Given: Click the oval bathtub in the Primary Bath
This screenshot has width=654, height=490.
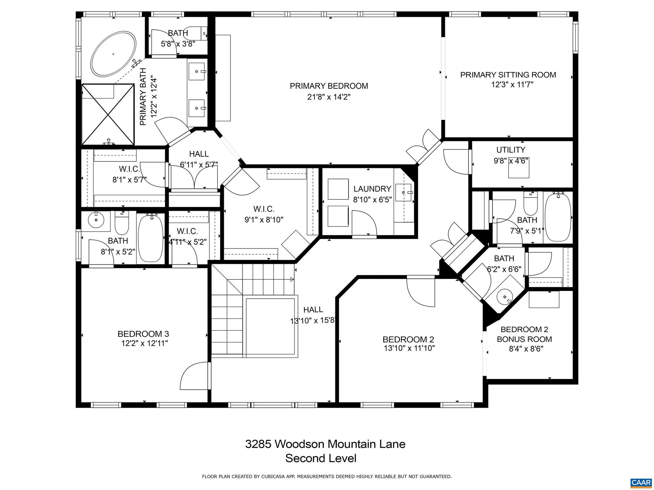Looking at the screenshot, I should coord(113,54).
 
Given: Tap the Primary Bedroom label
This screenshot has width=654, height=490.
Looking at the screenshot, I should coord(329,86).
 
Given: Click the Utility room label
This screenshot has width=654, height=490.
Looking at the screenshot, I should coord(511,150).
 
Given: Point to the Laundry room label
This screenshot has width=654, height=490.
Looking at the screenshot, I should coord(372,189).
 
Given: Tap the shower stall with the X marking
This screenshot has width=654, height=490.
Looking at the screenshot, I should coord(108,114).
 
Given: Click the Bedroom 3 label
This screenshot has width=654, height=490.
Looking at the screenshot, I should coord(143,334).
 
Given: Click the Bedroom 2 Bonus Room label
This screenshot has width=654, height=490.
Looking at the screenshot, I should coord(524,334).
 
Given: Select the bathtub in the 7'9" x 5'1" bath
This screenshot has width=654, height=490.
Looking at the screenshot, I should coord(558,217).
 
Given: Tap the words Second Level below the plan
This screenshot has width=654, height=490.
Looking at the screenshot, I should coord(321,458).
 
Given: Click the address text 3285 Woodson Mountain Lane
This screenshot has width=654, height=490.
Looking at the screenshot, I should coord(325,444).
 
